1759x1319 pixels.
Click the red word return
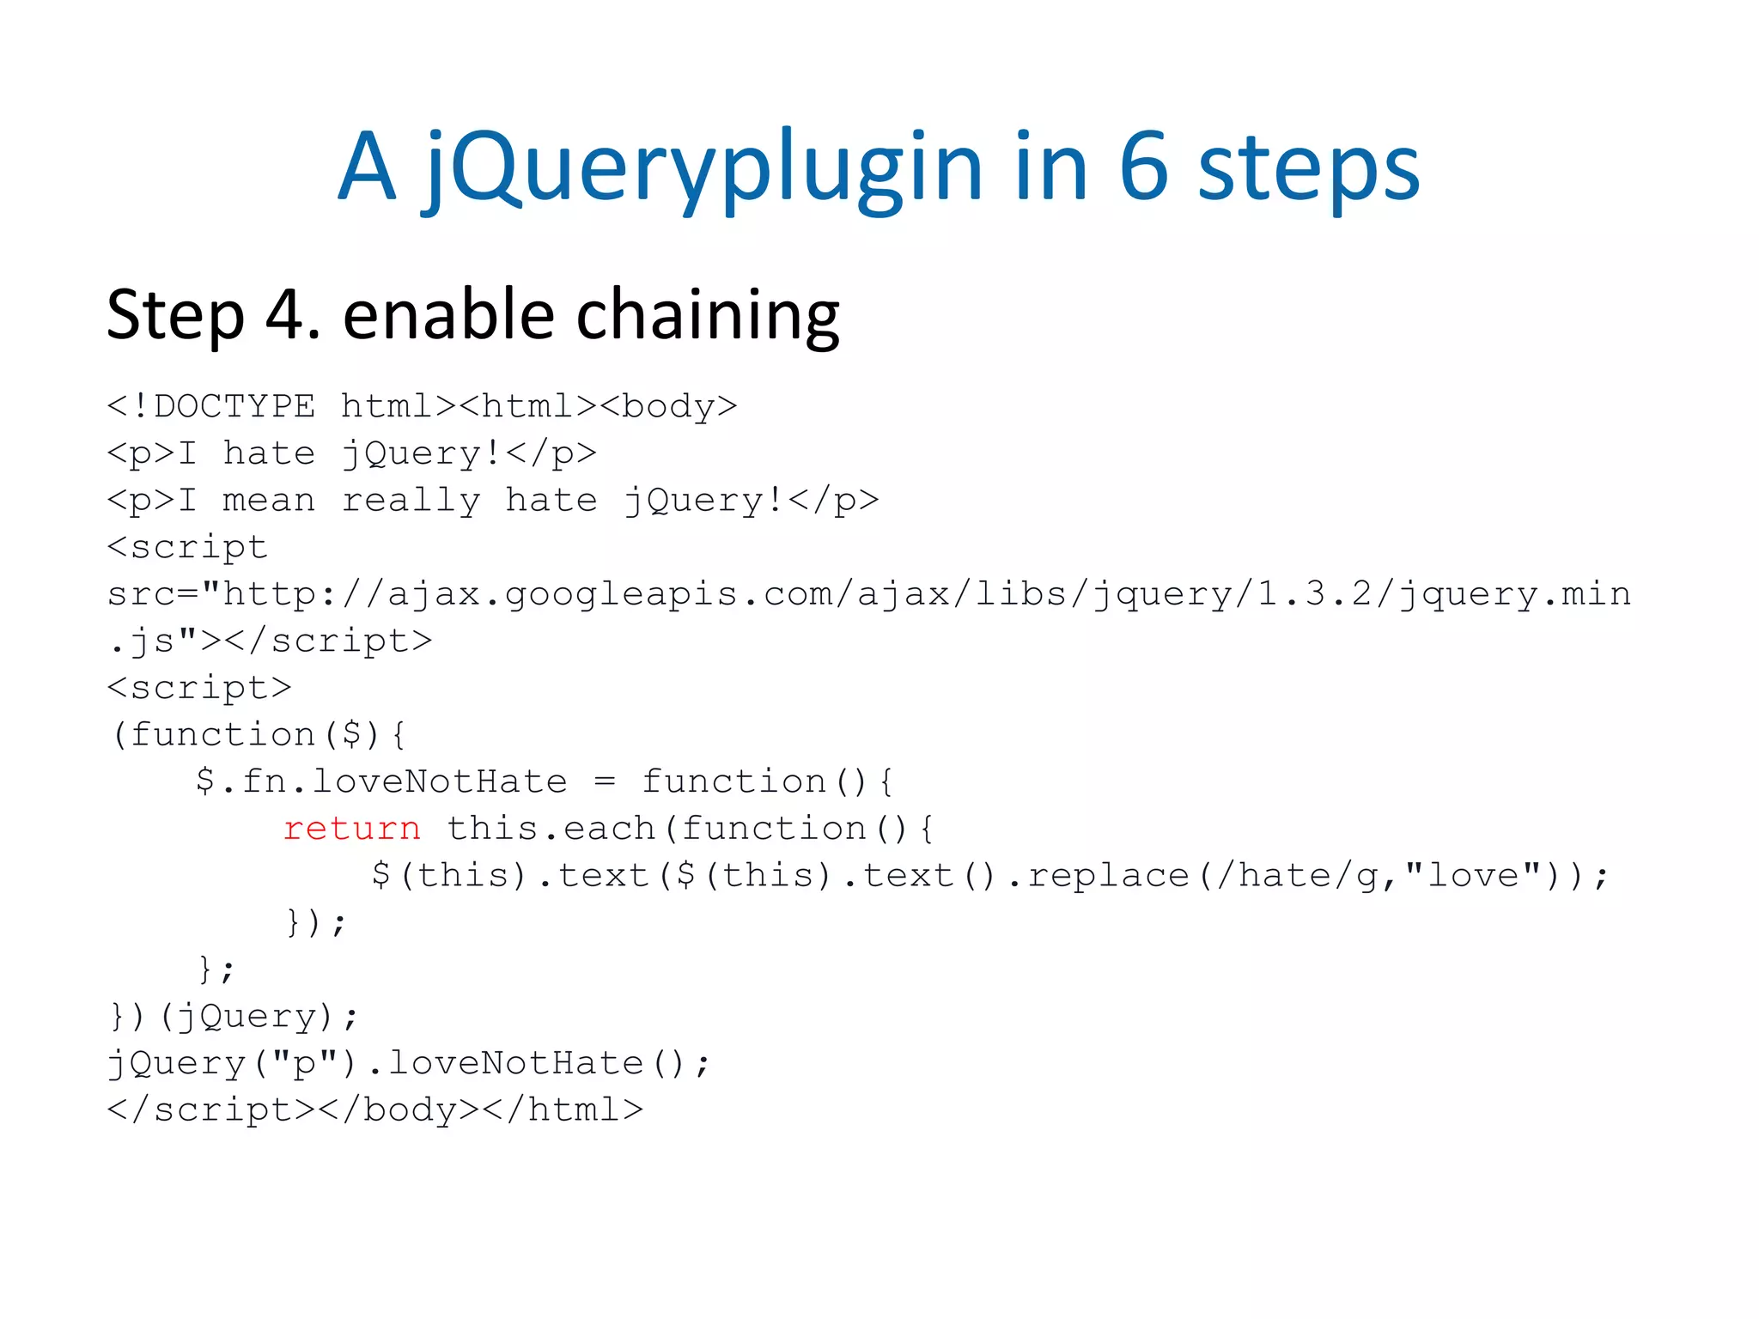pyautogui.click(x=352, y=829)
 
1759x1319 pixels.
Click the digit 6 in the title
pyautogui.click(x=1144, y=167)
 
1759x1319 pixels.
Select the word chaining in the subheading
pyautogui.click(x=708, y=316)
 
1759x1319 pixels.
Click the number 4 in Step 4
pyautogui.click(x=285, y=314)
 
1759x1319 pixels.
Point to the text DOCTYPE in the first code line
pyautogui.click(x=234, y=406)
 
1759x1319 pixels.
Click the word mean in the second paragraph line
pyautogui.click(x=269, y=500)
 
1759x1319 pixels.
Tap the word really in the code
pyautogui.click(x=411, y=501)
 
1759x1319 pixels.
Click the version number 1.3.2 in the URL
pyautogui.click(x=1314, y=593)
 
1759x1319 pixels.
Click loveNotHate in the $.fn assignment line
pyautogui.click(x=439, y=781)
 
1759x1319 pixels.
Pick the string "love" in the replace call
pyautogui.click(x=1472, y=875)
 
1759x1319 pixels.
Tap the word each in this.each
pyautogui.click(x=609, y=829)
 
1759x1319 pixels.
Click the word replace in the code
pyautogui.click(x=1108, y=876)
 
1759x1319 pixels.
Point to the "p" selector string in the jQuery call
pyautogui.click(x=305, y=1064)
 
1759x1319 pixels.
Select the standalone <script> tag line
pyautogui.click(x=199, y=688)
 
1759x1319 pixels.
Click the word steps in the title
pyautogui.click(x=1308, y=168)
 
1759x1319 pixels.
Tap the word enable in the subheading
pyautogui.click(x=448, y=314)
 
